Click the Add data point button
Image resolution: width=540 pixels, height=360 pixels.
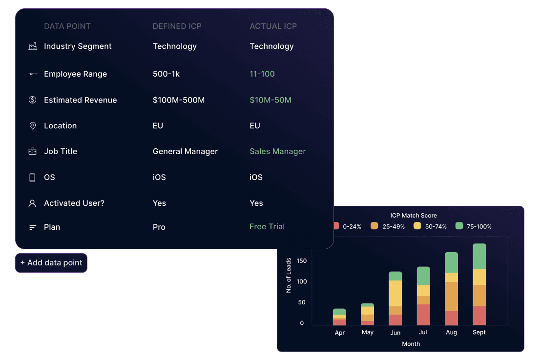(51, 263)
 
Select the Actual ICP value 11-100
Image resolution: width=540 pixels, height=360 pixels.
(262, 74)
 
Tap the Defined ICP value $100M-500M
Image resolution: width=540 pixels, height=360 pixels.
(178, 100)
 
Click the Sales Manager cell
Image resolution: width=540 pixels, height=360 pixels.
(278, 151)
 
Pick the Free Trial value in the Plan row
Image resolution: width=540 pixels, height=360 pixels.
(267, 226)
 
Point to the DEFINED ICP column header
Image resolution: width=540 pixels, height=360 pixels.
(177, 26)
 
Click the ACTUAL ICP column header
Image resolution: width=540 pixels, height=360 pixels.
(273, 26)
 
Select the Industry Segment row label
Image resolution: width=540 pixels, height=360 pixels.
(78, 46)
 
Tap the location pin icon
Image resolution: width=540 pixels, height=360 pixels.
(32, 126)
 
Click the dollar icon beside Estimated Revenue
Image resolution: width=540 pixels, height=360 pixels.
(32, 100)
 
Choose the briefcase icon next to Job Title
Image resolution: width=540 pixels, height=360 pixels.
(32, 151)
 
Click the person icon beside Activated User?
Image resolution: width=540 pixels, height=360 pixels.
(32, 203)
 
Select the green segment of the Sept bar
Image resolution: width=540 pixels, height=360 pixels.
(479, 257)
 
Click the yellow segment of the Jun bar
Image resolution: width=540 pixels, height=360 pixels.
(395, 293)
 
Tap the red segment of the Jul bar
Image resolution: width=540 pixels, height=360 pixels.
(423, 315)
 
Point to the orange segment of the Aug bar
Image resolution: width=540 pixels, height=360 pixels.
(452, 296)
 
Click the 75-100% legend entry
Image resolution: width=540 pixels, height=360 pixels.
(474, 226)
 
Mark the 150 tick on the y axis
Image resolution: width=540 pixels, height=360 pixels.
(302, 261)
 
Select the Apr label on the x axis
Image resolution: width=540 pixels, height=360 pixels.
(339, 333)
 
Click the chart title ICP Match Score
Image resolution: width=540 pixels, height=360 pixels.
(414, 216)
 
